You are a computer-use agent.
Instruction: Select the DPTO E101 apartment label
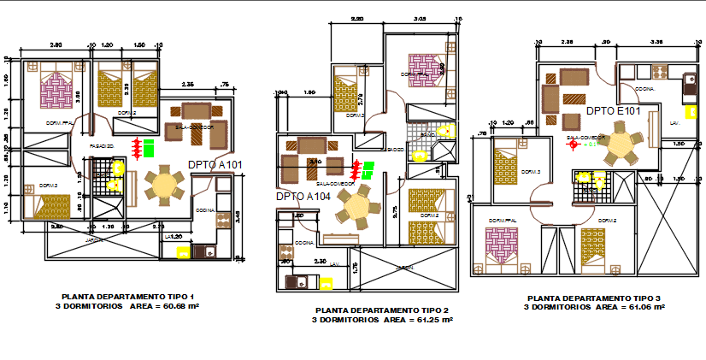tap(613, 110)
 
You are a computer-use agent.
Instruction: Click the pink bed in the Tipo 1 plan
tap(56, 89)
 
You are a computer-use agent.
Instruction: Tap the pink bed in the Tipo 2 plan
tap(421, 65)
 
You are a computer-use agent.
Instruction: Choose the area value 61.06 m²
tap(643, 306)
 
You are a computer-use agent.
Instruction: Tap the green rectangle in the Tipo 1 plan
tap(149, 149)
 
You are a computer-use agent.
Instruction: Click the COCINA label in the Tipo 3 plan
tap(645, 88)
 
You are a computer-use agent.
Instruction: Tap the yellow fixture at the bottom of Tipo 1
tap(183, 251)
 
